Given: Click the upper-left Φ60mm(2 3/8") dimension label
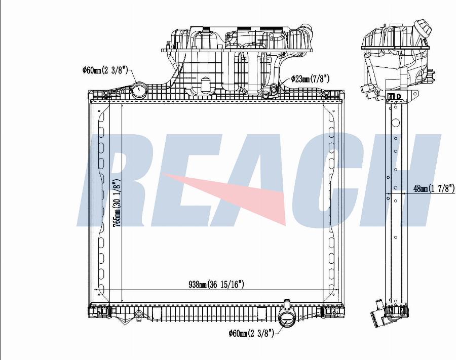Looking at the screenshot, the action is click(105, 70).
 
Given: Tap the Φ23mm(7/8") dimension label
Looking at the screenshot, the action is click(310, 79).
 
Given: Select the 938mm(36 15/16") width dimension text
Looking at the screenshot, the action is click(216, 284).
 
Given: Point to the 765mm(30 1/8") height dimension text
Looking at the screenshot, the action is click(117, 203).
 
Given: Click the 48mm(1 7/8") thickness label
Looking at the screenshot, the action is click(434, 188).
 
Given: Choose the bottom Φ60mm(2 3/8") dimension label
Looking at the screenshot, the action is click(251, 333).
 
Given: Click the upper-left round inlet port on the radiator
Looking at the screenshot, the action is click(139, 90).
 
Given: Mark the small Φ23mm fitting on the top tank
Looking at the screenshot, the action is click(274, 88).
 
